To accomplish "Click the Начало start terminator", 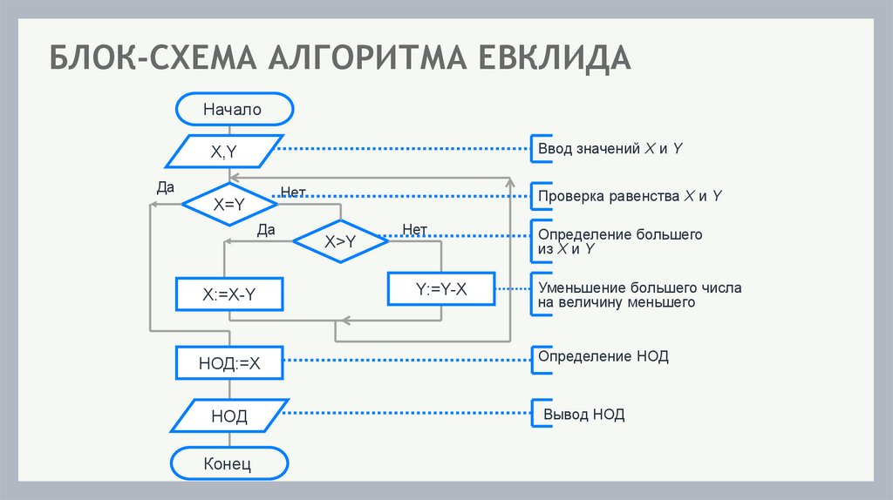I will pos(233,110).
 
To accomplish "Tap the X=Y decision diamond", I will pos(229,204).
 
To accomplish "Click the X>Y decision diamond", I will pos(340,243).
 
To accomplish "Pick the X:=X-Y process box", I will pos(229,294).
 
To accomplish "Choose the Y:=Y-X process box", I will pos(441,288).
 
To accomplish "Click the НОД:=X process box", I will pos(229,363).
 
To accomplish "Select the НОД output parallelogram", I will pos(229,416).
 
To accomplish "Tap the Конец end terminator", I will pos(228,463).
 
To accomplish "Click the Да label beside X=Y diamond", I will pos(166,186).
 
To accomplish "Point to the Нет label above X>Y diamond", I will pos(414,230).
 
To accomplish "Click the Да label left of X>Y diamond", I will pos(267,230).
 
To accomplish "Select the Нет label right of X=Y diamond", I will pos(293,191).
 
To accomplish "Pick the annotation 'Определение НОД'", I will pos(603,356).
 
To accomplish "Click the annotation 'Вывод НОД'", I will pos(584,414).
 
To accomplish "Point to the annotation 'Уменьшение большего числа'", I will pos(639,287).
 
